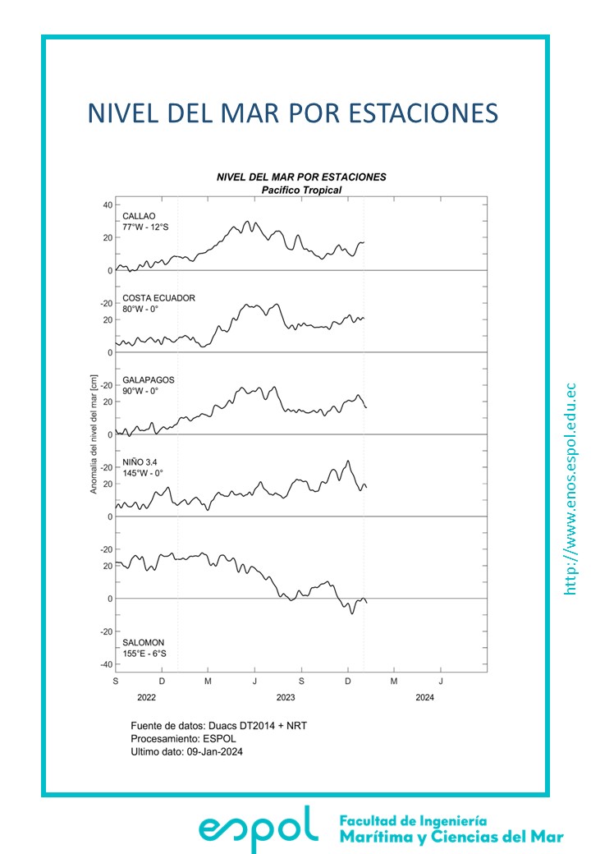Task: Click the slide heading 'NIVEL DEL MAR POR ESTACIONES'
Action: [293, 112]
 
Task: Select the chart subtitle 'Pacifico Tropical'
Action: [300, 190]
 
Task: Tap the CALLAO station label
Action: [140, 216]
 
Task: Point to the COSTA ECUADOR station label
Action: [159, 298]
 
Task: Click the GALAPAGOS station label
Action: [149, 380]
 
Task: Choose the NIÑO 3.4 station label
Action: [140, 462]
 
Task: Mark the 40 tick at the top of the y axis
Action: [107, 204]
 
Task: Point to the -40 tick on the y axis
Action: [105, 664]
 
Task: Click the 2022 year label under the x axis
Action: [146, 698]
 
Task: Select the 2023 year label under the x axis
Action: [286, 698]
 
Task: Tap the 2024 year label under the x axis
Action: [424, 698]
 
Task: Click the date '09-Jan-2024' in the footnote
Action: [216, 751]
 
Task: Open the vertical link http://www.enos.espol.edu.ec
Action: [572, 489]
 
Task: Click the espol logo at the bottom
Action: [259, 828]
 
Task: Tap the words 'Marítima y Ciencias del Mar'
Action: [451, 837]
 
